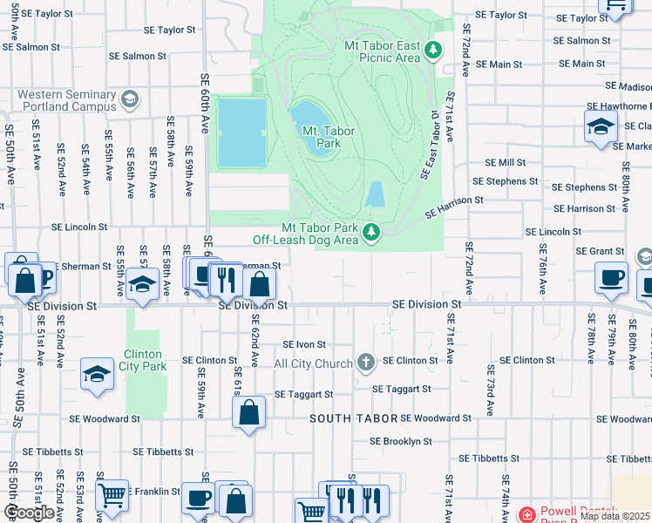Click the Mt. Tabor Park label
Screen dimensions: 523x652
coord(320,138)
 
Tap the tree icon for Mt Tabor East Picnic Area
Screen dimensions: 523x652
coord(433,51)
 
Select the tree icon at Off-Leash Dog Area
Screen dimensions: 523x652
coord(371,232)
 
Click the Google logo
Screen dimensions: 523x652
coord(30,513)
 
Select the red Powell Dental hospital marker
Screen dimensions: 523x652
coord(526,515)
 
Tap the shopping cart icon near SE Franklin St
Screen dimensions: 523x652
coord(112,495)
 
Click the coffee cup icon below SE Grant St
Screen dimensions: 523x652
coord(611,277)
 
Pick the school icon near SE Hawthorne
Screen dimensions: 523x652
coord(601,126)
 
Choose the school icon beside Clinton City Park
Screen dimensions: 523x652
coord(98,373)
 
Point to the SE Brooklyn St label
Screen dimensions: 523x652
coord(401,441)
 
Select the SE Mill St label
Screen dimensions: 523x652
coord(506,163)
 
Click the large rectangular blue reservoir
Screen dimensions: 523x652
coord(241,132)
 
